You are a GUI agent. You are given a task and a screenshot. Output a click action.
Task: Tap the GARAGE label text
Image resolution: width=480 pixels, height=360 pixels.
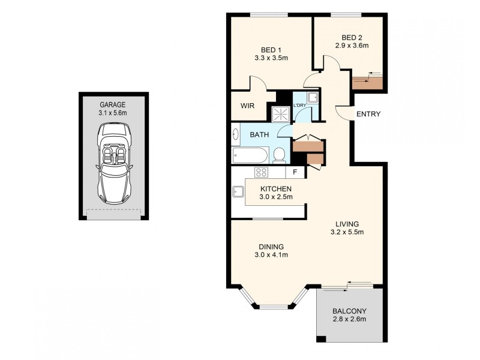coord(113,104)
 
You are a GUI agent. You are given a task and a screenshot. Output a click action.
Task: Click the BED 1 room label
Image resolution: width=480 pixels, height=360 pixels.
coord(271,50)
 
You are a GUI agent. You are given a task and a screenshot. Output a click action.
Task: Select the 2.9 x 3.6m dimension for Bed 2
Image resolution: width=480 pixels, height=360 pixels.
coord(351,45)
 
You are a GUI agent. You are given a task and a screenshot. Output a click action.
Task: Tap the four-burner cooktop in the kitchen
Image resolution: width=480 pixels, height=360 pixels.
coord(262,173)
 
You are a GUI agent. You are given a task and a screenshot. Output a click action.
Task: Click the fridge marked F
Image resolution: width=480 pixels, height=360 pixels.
coord(295,173)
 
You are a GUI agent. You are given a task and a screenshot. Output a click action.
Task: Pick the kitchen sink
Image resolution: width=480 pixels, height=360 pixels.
coord(237,192)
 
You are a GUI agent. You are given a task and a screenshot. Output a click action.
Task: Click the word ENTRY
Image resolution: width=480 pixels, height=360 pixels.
coord(368,115)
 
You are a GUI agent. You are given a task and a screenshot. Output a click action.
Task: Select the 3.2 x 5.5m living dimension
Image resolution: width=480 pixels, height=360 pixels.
coord(348,232)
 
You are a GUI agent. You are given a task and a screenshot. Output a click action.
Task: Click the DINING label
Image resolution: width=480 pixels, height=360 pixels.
coord(271,247)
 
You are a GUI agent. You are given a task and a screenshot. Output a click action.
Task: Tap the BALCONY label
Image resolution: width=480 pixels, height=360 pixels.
coord(349,311)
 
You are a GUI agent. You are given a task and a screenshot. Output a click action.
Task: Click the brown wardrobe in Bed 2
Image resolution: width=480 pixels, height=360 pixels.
coord(367,81)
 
